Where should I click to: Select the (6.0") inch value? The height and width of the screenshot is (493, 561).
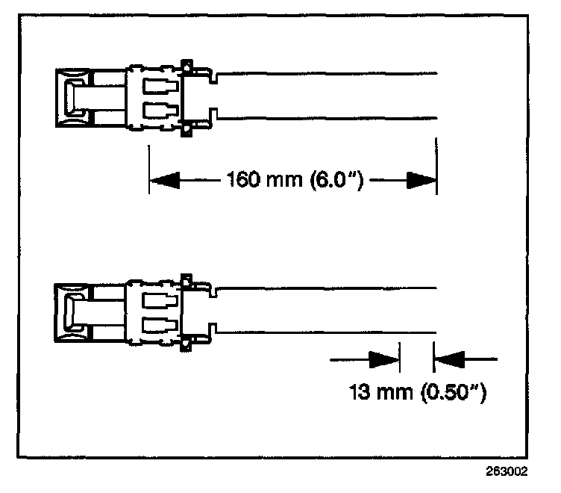click(327, 180)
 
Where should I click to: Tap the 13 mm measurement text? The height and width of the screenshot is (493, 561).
click(380, 391)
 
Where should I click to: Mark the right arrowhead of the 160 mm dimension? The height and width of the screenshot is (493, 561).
click(421, 180)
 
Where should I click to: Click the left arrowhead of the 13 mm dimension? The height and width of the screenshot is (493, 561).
click(385, 359)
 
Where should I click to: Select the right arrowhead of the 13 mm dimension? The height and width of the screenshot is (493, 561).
click(449, 359)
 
